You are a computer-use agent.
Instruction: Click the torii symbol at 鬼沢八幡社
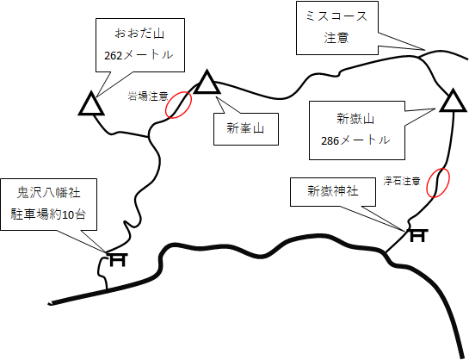tap(118, 259)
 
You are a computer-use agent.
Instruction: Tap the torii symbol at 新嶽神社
tap(417, 235)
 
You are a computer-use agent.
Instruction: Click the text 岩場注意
tap(148, 96)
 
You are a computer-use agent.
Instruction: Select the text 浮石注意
tap(402, 181)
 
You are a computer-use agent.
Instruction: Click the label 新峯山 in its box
tap(245, 128)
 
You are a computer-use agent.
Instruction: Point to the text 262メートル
tap(139, 55)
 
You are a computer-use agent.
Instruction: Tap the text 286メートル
tap(355, 140)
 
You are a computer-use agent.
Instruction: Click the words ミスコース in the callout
tap(336, 16)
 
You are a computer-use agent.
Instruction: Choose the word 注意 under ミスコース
tap(336, 38)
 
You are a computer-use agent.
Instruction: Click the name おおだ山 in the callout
tap(139, 34)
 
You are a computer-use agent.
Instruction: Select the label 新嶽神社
tap(333, 191)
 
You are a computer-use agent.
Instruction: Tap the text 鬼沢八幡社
tap(48, 193)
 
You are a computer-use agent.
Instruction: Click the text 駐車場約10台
tap(48, 214)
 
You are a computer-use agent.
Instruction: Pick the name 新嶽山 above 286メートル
tap(355, 119)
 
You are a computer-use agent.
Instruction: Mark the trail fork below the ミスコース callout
tap(420, 58)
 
